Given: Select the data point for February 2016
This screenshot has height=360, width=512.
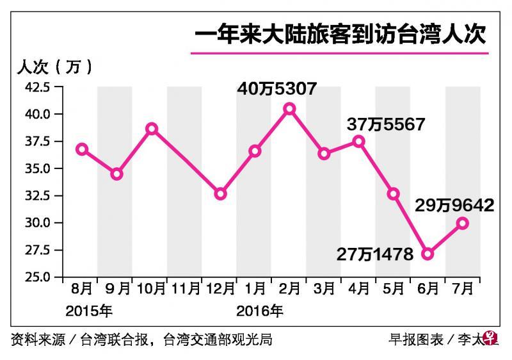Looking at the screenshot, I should click(289, 109).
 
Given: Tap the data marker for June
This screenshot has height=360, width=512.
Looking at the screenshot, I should click(428, 254).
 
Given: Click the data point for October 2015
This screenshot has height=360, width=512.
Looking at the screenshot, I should click(152, 129).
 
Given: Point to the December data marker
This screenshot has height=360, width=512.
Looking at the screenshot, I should click(220, 193).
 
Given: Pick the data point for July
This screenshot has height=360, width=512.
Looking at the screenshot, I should click(462, 223).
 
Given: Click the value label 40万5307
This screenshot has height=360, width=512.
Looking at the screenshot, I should click(276, 88).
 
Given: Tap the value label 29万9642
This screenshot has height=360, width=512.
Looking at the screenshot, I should click(453, 205).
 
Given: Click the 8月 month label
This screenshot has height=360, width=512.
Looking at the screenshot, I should click(82, 290).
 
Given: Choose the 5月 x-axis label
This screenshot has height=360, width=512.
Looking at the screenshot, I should click(393, 290).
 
